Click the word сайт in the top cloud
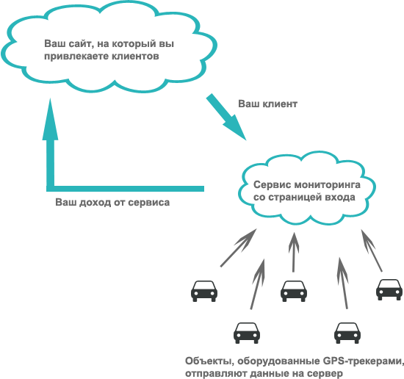78,44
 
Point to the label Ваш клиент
267,104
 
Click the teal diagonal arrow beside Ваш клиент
226,117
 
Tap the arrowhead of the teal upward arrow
50,119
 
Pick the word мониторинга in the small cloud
327,186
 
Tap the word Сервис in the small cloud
273,185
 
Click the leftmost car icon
204,291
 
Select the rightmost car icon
389,290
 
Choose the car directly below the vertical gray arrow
294,291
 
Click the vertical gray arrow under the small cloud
294,252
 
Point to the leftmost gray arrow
238,248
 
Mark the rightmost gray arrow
372,250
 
